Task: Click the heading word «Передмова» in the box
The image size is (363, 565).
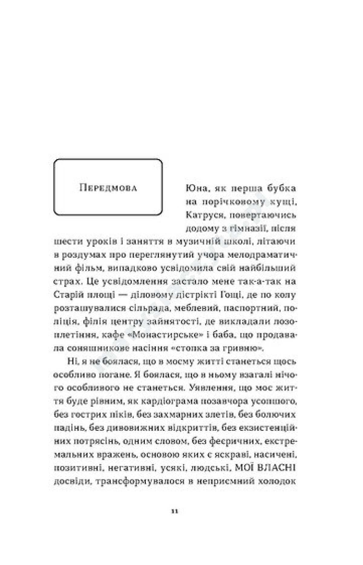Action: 108,188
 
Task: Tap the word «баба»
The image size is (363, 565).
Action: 220,335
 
